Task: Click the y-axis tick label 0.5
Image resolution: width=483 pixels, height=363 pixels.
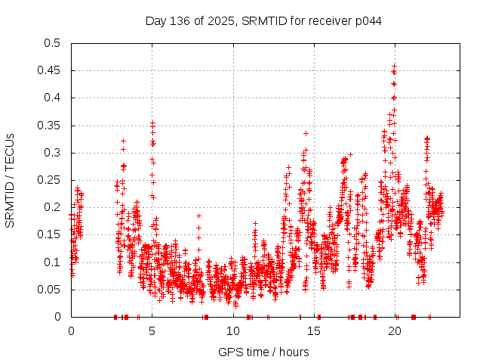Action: coord(52,43)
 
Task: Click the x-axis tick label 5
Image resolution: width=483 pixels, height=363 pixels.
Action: coord(152,331)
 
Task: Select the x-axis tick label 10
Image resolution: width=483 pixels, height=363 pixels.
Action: coord(233,331)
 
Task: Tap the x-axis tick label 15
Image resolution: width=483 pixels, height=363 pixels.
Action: coord(315,331)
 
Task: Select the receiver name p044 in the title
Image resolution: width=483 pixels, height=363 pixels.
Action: coord(368,20)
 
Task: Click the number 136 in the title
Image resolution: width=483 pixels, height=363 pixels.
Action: coord(179,20)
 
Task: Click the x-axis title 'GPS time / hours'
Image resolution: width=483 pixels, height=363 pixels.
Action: coord(263,352)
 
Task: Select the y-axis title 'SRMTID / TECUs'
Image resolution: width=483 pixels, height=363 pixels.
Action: coord(10,180)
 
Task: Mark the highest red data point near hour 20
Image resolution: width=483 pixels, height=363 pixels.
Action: coord(394,66)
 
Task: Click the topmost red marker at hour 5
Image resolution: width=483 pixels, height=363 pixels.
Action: coord(152,122)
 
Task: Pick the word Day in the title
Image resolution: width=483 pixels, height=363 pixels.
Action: coord(155,20)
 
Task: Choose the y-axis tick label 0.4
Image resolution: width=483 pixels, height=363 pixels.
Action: coord(52,98)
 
